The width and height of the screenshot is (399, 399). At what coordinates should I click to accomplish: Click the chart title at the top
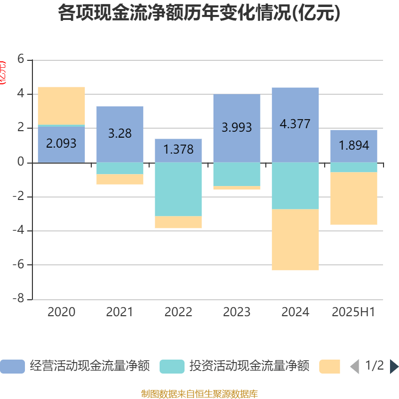click(199, 13)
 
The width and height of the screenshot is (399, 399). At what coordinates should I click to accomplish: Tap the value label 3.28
click(120, 133)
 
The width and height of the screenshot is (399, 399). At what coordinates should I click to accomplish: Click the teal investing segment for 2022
click(178, 189)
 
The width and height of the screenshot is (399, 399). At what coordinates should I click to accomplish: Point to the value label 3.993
click(236, 127)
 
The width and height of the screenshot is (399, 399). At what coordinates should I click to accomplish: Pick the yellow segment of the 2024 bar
click(295, 239)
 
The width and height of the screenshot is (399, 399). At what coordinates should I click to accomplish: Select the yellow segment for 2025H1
click(354, 199)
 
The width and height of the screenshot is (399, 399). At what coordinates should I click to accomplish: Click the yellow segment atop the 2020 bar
click(61, 105)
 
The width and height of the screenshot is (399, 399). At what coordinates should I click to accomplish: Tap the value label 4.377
click(295, 124)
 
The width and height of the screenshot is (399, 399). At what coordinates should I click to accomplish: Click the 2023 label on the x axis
click(236, 312)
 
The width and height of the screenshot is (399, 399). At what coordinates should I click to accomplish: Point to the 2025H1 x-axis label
click(354, 312)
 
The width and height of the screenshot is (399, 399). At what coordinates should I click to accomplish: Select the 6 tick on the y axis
click(20, 59)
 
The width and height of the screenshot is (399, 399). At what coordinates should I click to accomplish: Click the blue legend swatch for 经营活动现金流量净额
click(12, 367)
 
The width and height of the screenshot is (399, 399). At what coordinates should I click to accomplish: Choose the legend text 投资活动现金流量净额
click(249, 367)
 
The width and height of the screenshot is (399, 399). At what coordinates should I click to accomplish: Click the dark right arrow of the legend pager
click(394, 367)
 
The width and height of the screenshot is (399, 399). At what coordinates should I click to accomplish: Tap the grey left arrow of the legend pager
click(355, 367)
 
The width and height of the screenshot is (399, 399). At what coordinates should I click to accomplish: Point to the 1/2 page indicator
click(374, 366)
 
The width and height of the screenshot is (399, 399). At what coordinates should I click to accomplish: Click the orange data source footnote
click(199, 394)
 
